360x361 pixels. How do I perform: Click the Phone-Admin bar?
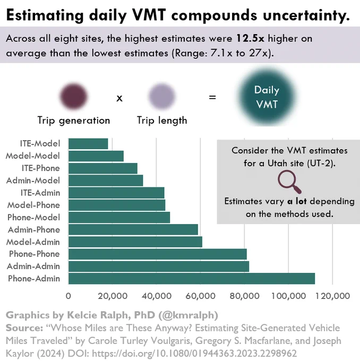point(192,279)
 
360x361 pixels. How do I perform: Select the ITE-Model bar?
point(88,144)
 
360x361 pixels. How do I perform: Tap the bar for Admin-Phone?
point(133,229)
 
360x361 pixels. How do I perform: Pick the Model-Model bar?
point(96,156)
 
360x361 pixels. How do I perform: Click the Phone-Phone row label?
point(35,254)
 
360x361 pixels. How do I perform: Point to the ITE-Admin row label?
point(40,193)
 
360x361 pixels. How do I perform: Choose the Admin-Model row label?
point(33,180)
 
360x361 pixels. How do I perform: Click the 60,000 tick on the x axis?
point(200,296)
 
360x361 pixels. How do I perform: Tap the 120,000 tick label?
point(332,296)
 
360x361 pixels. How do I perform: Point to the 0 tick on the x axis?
point(68,296)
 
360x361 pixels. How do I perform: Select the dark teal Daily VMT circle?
point(267,97)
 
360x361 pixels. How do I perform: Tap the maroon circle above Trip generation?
point(73,96)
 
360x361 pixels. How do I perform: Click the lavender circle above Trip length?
point(162,96)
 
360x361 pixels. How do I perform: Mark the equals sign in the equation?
point(212,97)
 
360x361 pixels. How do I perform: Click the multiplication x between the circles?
point(119,98)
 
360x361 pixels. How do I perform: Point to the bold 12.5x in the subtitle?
point(250,38)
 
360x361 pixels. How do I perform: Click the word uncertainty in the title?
point(306,15)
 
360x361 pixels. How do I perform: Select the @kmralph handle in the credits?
point(188,315)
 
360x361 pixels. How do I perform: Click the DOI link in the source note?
point(194,353)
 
